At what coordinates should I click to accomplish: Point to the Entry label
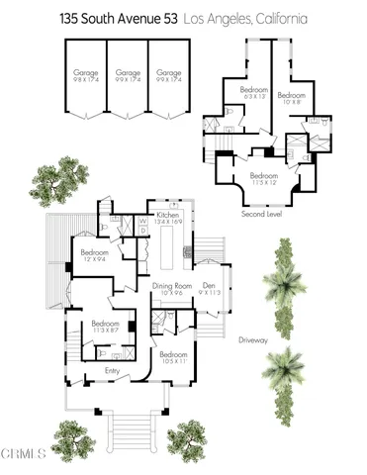click(x=112, y=371)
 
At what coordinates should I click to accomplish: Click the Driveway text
click(x=254, y=339)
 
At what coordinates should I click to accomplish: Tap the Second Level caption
click(x=262, y=213)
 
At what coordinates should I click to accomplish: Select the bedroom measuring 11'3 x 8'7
click(x=106, y=326)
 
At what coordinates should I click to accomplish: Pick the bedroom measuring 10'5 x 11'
click(x=173, y=356)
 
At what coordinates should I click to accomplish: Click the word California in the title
click(x=279, y=18)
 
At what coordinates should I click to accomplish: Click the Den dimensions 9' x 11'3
click(x=210, y=294)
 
